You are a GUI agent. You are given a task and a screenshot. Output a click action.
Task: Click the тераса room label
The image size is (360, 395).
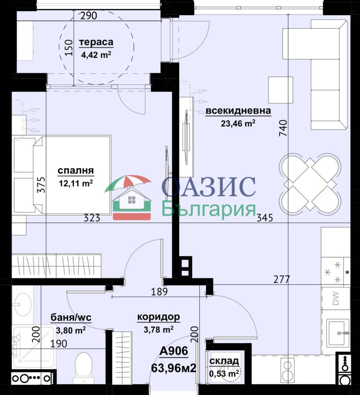[96, 42]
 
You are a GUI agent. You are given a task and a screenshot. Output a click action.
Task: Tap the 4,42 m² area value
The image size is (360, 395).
[96, 55]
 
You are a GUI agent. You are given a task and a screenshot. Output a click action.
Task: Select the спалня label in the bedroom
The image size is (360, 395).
[76, 171]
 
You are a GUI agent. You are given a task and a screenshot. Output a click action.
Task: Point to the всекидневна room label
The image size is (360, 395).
[238, 111]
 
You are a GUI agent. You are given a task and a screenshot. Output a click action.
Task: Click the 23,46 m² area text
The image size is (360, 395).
[238, 123]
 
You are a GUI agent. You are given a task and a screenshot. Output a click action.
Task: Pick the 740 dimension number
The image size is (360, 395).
[284, 128]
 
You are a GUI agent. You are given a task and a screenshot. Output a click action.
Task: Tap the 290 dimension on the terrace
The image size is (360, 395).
[89, 16]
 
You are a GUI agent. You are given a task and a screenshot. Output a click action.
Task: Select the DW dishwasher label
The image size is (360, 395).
[336, 298]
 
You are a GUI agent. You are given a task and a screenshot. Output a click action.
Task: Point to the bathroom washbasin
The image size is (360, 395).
[22, 304]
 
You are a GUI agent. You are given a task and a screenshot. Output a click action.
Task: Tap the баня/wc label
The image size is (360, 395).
[71, 318]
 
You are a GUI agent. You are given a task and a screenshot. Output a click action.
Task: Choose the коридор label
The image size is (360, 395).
[158, 317]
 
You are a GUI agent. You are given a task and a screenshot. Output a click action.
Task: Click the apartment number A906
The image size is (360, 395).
[174, 351]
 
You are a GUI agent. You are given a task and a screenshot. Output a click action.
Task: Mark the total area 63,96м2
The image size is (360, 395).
[174, 368]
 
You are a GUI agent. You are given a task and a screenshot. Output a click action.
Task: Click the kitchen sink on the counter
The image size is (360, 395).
[337, 334]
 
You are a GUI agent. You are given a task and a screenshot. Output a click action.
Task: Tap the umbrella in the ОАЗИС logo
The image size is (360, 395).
[128, 183]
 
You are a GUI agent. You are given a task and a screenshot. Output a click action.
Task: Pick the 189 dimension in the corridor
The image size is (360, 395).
[159, 292]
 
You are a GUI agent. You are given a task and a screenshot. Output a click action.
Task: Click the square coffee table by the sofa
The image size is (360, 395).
[281, 90]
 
